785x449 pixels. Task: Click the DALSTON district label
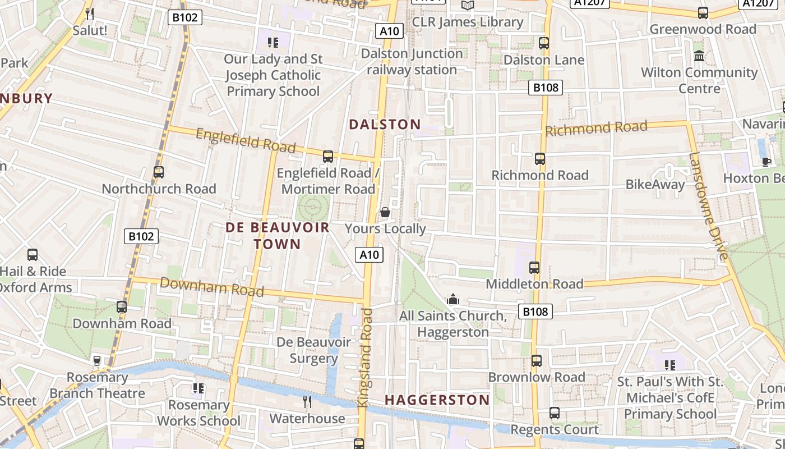coord(385,125)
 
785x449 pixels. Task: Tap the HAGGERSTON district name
coord(437,400)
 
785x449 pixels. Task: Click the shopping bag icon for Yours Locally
coord(385,212)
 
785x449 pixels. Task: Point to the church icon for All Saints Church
coord(453,300)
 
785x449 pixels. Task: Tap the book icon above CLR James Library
coord(467,6)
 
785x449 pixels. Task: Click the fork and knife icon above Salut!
coord(89,13)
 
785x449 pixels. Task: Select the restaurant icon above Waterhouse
coord(307,402)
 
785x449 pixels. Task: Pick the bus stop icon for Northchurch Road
coord(159,172)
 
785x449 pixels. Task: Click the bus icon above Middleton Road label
coord(534,268)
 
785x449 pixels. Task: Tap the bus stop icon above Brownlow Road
coord(537,361)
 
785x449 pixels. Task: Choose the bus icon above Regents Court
coord(555,413)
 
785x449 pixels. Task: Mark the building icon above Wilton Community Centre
coord(699,56)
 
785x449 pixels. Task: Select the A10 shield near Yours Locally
coord(370,255)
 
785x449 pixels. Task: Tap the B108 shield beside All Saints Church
coord(535,311)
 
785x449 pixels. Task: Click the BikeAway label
coord(655,185)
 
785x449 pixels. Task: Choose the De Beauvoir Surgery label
coord(313,350)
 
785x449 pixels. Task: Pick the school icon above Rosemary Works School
coord(198,388)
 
